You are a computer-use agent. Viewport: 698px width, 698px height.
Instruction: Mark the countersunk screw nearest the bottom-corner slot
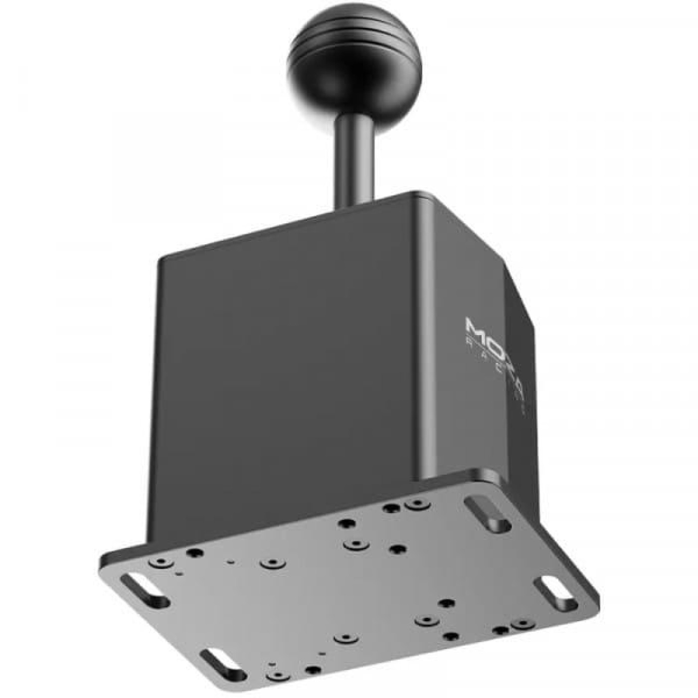point(275,677)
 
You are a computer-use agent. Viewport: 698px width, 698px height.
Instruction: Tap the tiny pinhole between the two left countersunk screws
point(230,561)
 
